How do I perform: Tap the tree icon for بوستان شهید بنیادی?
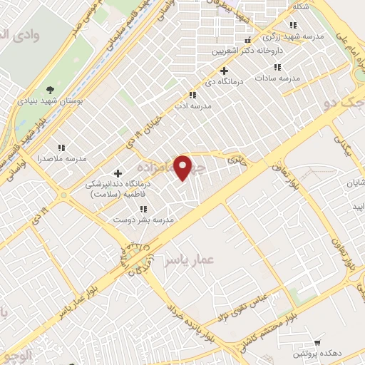tap(50, 89)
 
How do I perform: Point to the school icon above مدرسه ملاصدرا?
tap(61, 147)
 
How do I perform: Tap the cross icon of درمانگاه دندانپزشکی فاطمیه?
tap(118, 173)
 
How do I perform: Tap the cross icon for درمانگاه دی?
tap(224, 71)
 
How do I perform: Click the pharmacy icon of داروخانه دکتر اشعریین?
tap(248, 40)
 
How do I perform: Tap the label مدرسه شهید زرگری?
tap(293, 35)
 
